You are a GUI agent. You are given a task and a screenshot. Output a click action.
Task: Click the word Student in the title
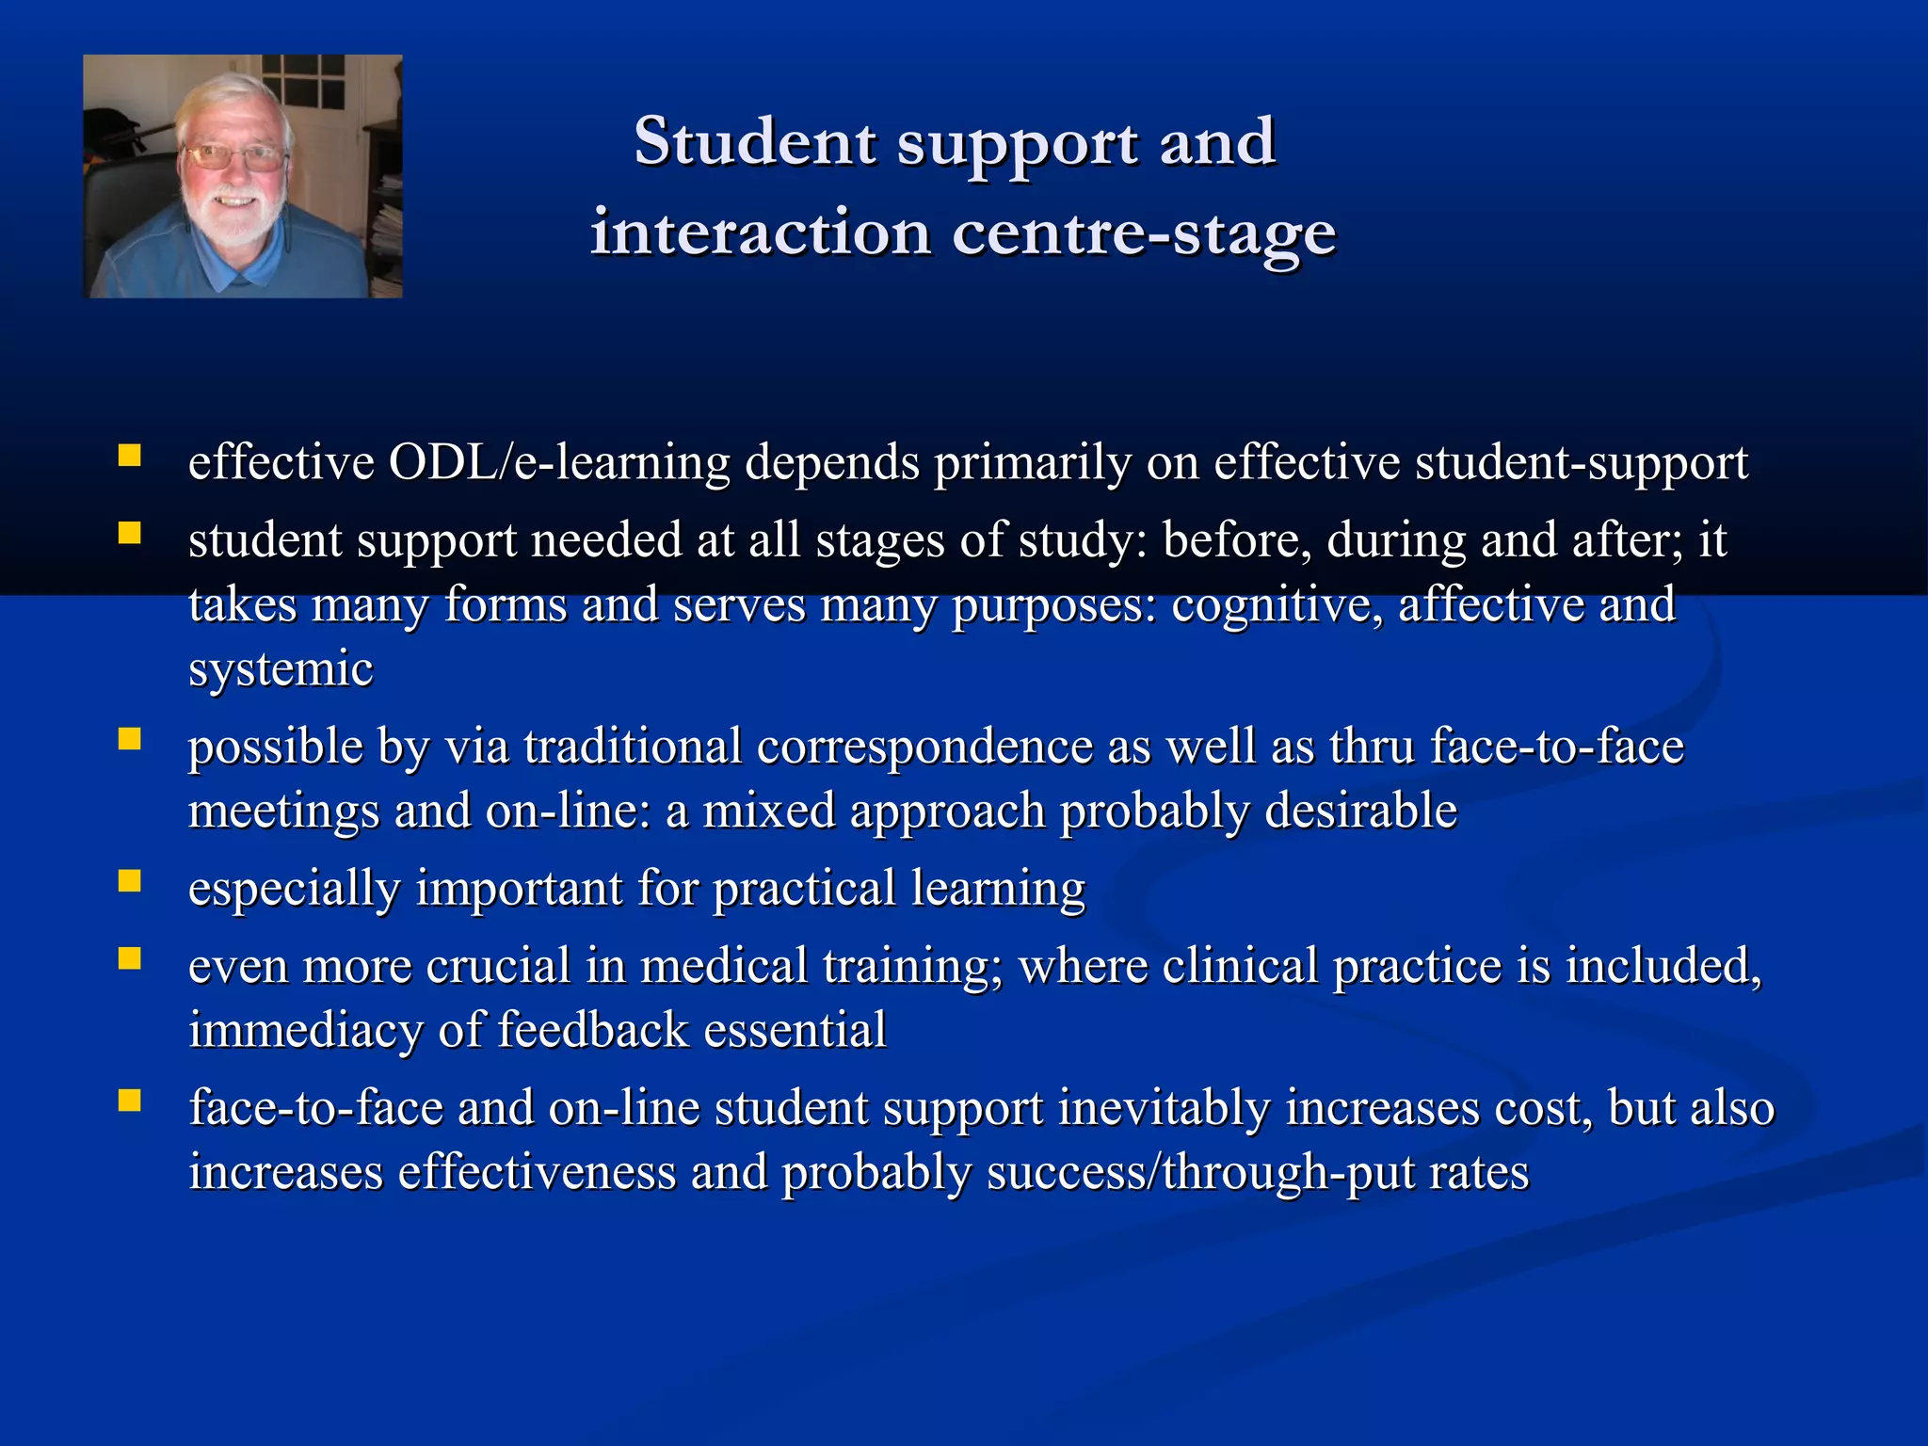click(755, 141)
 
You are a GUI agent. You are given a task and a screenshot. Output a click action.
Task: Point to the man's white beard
click(233, 221)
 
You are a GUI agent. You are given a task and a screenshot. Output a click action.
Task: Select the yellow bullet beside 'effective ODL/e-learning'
click(129, 458)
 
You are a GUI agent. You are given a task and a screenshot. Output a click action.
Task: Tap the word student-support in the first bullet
click(1581, 462)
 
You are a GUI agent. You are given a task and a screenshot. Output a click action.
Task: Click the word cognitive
click(1277, 604)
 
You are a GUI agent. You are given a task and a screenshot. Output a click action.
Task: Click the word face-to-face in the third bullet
click(1556, 747)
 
